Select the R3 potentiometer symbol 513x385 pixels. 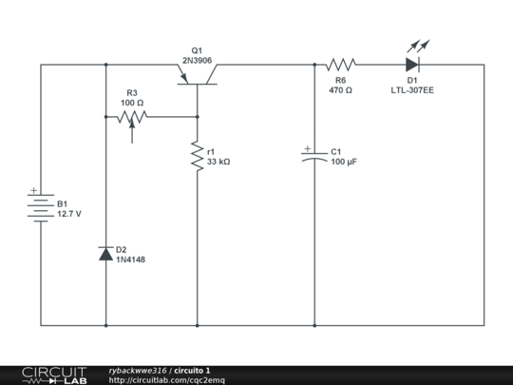click(x=131, y=118)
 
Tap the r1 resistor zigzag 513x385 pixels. click(x=197, y=156)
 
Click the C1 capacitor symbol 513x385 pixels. click(x=313, y=159)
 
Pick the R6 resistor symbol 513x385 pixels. click(x=340, y=65)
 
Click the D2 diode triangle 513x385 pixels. click(x=105, y=254)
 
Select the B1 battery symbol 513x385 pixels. click(x=40, y=207)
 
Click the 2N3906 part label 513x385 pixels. click(x=198, y=60)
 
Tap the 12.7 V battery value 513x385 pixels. click(x=69, y=215)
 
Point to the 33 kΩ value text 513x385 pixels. click(x=218, y=163)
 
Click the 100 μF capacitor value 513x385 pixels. click(x=344, y=163)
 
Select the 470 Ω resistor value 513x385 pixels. click(x=340, y=90)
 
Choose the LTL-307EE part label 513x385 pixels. click(x=412, y=90)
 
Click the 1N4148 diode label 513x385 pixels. click(x=131, y=260)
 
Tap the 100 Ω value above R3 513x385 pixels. click(x=132, y=103)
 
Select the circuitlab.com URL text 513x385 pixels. click(x=167, y=380)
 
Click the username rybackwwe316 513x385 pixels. click(x=138, y=370)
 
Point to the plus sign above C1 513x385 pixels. click(x=306, y=149)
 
